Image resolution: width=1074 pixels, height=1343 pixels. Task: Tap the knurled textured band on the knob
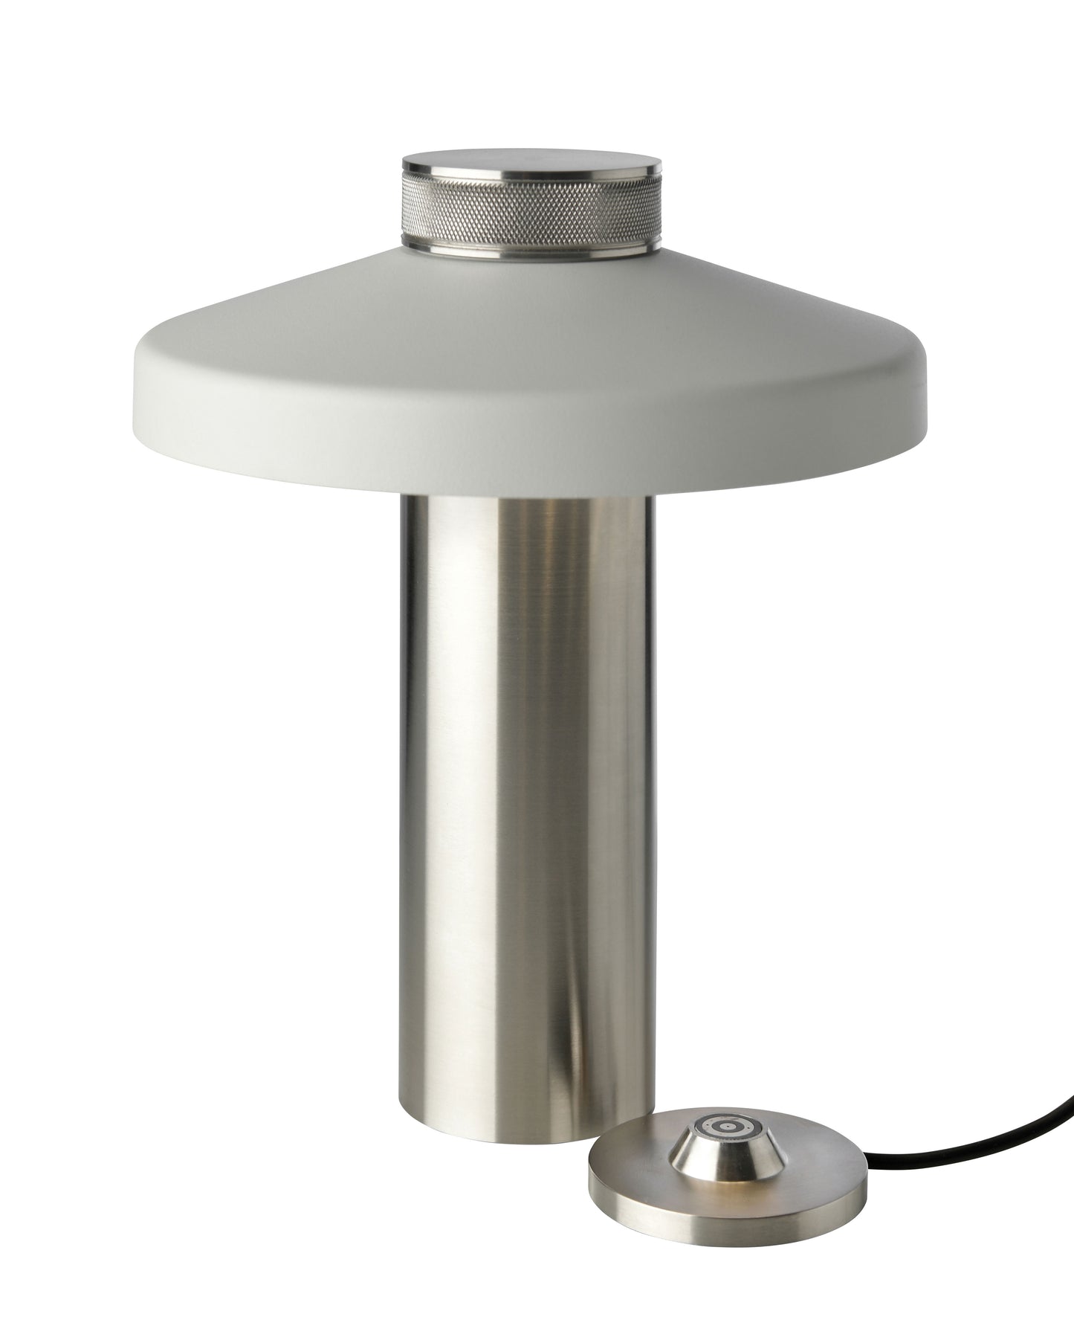tap(532, 212)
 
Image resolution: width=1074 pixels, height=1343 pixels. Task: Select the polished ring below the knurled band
tap(532, 249)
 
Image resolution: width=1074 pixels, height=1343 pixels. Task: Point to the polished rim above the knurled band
tap(532, 181)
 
